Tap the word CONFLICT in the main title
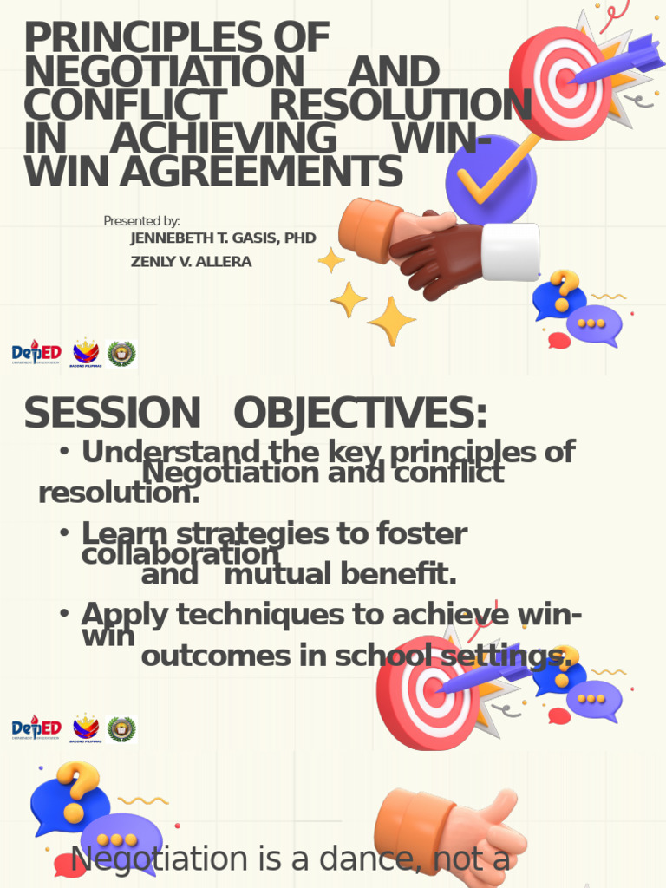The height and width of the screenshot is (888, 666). click(123, 106)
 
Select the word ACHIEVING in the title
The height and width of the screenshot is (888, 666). click(223, 139)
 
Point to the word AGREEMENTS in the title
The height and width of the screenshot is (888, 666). click(261, 172)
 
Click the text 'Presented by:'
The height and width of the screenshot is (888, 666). click(141, 221)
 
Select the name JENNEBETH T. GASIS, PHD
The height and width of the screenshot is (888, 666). click(223, 238)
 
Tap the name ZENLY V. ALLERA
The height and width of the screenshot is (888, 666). click(191, 262)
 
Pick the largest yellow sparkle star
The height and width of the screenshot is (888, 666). click(391, 321)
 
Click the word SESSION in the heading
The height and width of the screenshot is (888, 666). click(112, 414)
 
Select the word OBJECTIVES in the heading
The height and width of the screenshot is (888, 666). click(360, 414)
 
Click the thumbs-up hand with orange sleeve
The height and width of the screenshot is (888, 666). click(451, 832)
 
